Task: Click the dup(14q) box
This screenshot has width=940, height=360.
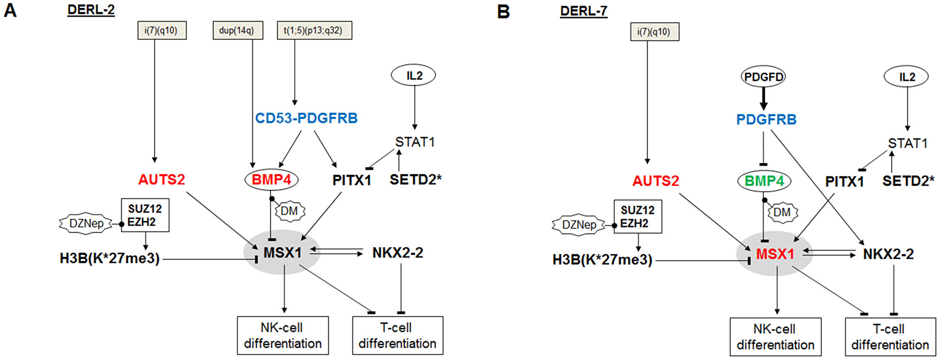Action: click(237, 31)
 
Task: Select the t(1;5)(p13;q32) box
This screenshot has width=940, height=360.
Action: click(314, 31)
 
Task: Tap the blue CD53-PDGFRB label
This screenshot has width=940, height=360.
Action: click(306, 118)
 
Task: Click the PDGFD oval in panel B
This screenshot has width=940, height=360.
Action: click(763, 77)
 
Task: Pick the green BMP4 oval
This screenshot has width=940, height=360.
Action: click(764, 181)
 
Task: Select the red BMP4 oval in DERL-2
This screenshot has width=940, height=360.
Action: click(271, 180)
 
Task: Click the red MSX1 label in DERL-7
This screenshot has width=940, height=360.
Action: click(775, 254)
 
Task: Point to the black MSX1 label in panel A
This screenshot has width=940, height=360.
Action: click(282, 253)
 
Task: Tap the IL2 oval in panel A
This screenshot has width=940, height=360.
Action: click(414, 75)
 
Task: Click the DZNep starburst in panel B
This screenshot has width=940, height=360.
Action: click(579, 225)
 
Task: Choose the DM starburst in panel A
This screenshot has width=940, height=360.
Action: click(290, 211)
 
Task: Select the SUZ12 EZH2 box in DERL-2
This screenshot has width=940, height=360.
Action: click(145, 215)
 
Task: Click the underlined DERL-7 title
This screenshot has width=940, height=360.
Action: click(583, 10)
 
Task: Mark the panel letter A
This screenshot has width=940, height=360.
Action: click(10, 10)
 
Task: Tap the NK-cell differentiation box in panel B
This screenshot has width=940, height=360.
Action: click(775, 337)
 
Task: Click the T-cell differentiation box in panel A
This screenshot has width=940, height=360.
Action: click(397, 335)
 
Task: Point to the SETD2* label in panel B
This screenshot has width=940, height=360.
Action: click(908, 181)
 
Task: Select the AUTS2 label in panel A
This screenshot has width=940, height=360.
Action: click(161, 180)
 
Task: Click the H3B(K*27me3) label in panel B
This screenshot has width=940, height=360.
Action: click(602, 260)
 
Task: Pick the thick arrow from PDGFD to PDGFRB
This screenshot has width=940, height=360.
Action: click(763, 99)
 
